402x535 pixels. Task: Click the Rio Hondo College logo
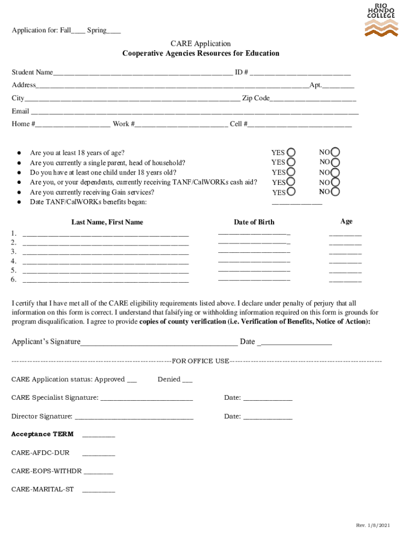coord(380,19)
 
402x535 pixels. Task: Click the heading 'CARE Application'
coord(200,43)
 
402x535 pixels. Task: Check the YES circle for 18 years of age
coord(291,152)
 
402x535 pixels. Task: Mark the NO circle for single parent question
coord(336,162)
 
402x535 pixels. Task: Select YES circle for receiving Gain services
coord(291,192)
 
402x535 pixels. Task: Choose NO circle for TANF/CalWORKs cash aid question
coord(336,182)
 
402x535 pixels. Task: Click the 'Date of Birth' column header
coord(254,222)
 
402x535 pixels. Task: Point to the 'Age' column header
coord(346,222)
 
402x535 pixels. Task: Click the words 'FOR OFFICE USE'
coord(200,361)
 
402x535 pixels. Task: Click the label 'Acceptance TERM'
coord(42,434)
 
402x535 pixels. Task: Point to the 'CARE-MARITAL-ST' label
coord(42,490)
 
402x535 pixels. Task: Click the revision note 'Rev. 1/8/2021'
coord(373,525)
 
